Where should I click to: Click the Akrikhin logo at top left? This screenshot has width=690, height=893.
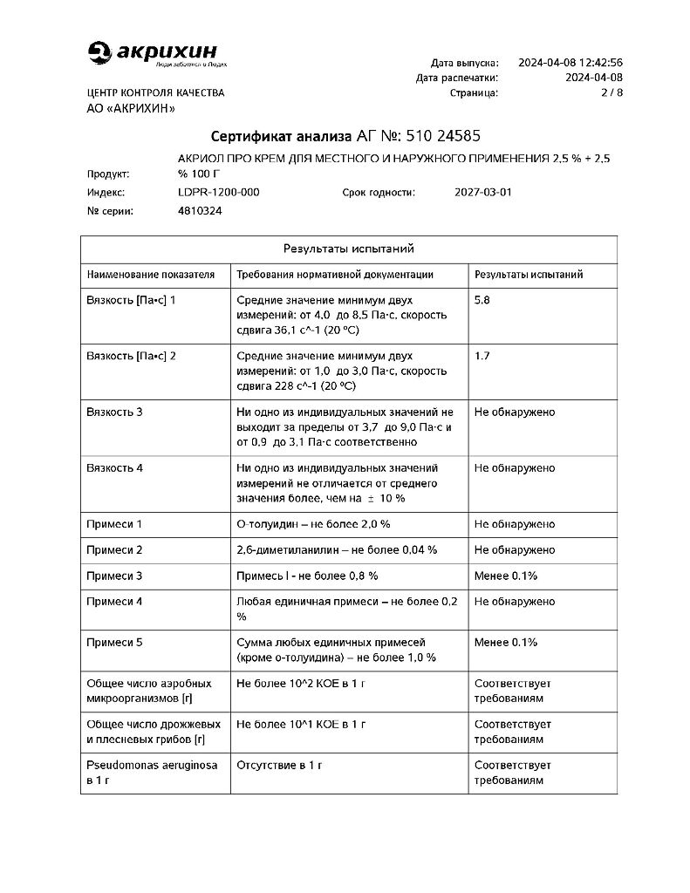point(157,53)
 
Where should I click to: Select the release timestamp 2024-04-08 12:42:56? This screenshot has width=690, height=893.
point(570,63)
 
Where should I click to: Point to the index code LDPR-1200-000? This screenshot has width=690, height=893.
point(218,192)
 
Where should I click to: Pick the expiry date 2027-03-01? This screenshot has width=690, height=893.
point(483,192)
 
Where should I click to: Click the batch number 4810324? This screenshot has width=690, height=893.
point(200,211)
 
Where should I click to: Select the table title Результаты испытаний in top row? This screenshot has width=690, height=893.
point(348,249)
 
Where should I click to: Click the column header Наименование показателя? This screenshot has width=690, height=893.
point(150,275)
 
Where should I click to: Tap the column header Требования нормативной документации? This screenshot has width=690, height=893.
point(335,275)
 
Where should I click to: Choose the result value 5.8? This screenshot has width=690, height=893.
point(482,300)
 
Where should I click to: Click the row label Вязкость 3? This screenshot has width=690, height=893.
point(114,412)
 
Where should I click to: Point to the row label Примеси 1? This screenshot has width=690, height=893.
point(114,524)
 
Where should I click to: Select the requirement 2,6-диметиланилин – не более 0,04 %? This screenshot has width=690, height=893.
point(337,550)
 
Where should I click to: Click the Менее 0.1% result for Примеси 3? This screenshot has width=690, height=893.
point(505,576)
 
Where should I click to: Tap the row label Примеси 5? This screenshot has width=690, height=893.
point(114,643)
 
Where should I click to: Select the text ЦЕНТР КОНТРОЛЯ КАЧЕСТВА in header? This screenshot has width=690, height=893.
point(155,92)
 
